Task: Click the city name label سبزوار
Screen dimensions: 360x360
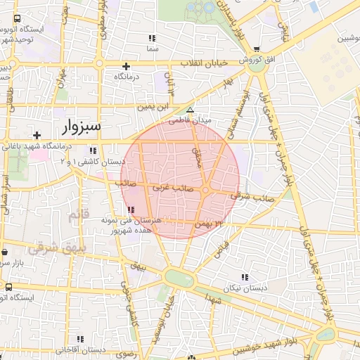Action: click(77, 127)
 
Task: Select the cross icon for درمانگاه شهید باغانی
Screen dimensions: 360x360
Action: click(37, 134)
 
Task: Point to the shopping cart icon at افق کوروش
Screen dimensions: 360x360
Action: click(256, 49)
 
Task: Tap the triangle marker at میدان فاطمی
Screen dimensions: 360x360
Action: click(190, 110)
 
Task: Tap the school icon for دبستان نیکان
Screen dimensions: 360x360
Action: click(244, 277)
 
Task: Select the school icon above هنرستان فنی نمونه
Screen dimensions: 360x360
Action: click(131, 210)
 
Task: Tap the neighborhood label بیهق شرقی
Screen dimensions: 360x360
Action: click(54, 248)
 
